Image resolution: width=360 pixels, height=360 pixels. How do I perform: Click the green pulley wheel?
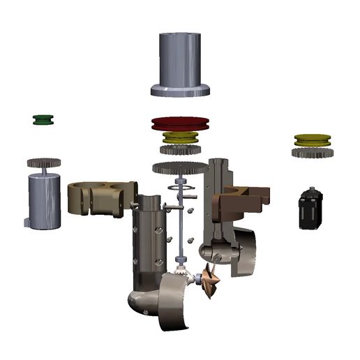(x=45, y=120)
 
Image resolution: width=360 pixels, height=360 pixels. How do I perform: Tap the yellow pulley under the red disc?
(x=180, y=138)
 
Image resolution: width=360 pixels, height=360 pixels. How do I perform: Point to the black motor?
(x=310, y=209)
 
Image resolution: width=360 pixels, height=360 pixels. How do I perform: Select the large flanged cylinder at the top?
(x=179, y=59)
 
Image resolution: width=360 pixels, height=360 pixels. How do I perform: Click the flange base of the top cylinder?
(x=179, y=89)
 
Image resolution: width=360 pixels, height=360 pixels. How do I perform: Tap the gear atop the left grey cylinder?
(x=45, y=163)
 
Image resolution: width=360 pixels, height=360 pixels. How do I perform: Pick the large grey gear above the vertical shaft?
(x=180, y=167)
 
